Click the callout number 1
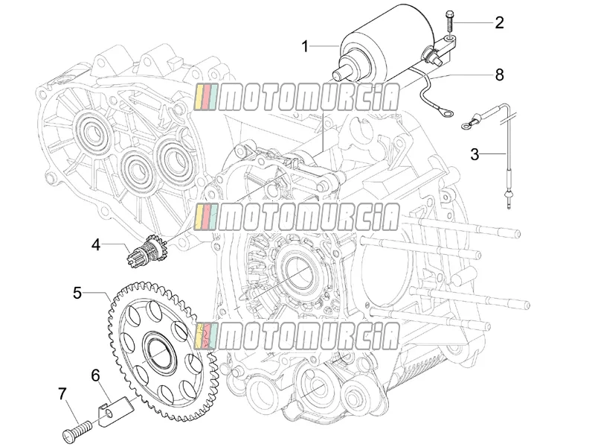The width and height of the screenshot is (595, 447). [305, 47]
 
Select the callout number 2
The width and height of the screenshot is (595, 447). [499, 23]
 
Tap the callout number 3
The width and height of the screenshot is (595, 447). [475, 155]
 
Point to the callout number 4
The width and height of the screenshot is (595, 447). [96, 245]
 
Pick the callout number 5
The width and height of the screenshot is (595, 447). [77, 293]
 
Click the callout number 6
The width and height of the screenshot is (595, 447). [95, 375]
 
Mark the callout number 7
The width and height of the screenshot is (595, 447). [62, 394]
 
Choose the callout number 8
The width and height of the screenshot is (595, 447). [499, 75]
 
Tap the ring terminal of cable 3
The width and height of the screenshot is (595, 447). [467, 124]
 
